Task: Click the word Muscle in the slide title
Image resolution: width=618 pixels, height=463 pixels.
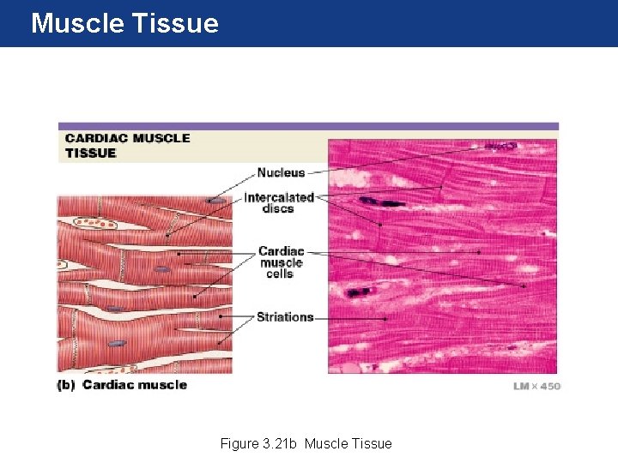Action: click(x=76, y=23)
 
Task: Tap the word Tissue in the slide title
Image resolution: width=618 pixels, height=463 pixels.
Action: click(x=175, y=23)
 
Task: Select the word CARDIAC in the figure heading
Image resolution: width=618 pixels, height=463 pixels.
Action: click(x=97, y=138)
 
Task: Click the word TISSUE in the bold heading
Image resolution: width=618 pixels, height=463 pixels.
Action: click(x=90, y=153)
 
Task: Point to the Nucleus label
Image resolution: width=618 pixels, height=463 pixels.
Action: click(x=281, y=172)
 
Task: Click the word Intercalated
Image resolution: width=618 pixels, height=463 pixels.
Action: click(x=279, y=197)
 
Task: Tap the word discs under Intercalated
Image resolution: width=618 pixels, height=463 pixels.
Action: click(x=278, y=208)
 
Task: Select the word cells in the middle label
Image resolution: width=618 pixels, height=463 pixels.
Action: click(x=280, y=274)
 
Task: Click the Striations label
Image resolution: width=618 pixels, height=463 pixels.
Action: click(x=285, y=317)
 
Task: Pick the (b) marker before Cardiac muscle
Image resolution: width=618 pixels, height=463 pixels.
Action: click(x=66, y=385)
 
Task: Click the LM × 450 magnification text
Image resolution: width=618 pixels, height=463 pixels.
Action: click(x=536, y=387)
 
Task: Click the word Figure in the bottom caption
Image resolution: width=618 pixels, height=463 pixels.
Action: click(x=239, y=443)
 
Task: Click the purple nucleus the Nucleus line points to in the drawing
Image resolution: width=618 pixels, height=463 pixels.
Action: click(x=218, y=201)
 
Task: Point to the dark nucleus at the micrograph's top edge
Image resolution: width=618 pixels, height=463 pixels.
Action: click(x=500, y=147)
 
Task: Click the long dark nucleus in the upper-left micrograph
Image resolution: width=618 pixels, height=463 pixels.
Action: click(x=382, y=202)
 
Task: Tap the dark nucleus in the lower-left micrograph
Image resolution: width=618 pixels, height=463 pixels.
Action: click(x=356, y=292)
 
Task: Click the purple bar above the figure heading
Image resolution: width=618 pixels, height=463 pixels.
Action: click(x=308, y=126)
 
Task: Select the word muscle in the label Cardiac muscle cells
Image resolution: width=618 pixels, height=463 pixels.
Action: click(x=281, y=263)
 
